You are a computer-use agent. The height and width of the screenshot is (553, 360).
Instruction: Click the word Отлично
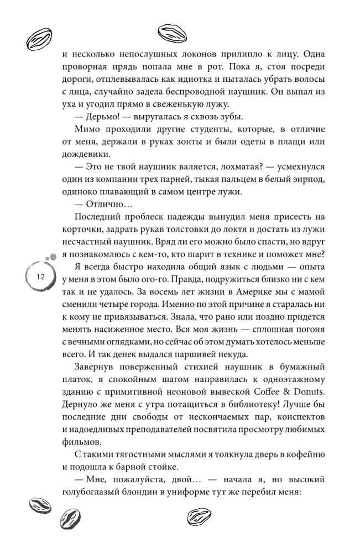click(98, 206)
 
